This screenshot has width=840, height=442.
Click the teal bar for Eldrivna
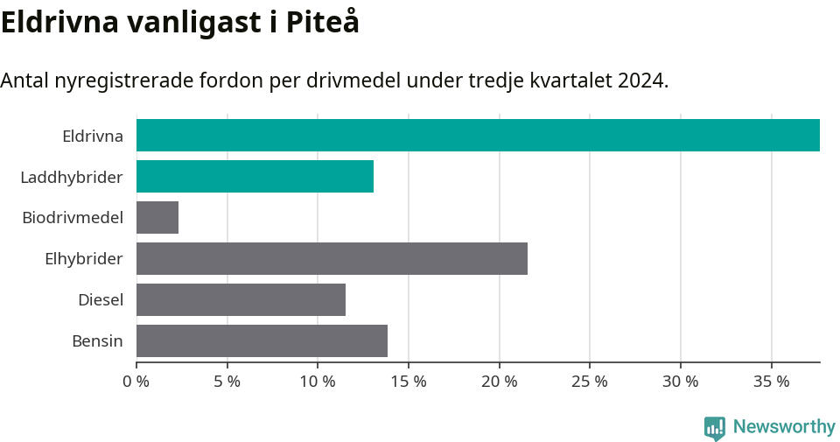[x=478, y=136]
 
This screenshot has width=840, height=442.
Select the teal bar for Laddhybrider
[x=255, y=177]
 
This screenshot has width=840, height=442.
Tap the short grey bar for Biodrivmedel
[x=157, y=218]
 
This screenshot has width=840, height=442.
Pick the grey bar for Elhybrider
[x=332, y=259]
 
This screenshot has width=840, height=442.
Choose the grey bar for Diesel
[x=241, y=300]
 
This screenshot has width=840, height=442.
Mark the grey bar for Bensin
[x=262, y=341]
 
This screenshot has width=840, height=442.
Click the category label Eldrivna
[x=93, y=137]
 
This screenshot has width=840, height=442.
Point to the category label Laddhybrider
[x=72, y=178]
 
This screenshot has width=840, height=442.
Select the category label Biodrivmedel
[x=73, y=218]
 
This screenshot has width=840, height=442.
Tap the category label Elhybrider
[x=84, y=259]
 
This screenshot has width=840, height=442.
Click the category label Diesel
[x=101, y=300]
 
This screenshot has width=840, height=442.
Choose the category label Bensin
[x=97, y=341]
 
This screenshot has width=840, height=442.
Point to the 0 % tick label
[x=136, y=382]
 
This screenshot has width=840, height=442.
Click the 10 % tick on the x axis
[x=318, y=382]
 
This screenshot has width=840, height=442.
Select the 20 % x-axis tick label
[x=499, y=382]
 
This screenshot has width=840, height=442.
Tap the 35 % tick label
[x=771, y=382]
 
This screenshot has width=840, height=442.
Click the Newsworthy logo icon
[x=715, y=427]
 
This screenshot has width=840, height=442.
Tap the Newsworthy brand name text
[x=784, y=427]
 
